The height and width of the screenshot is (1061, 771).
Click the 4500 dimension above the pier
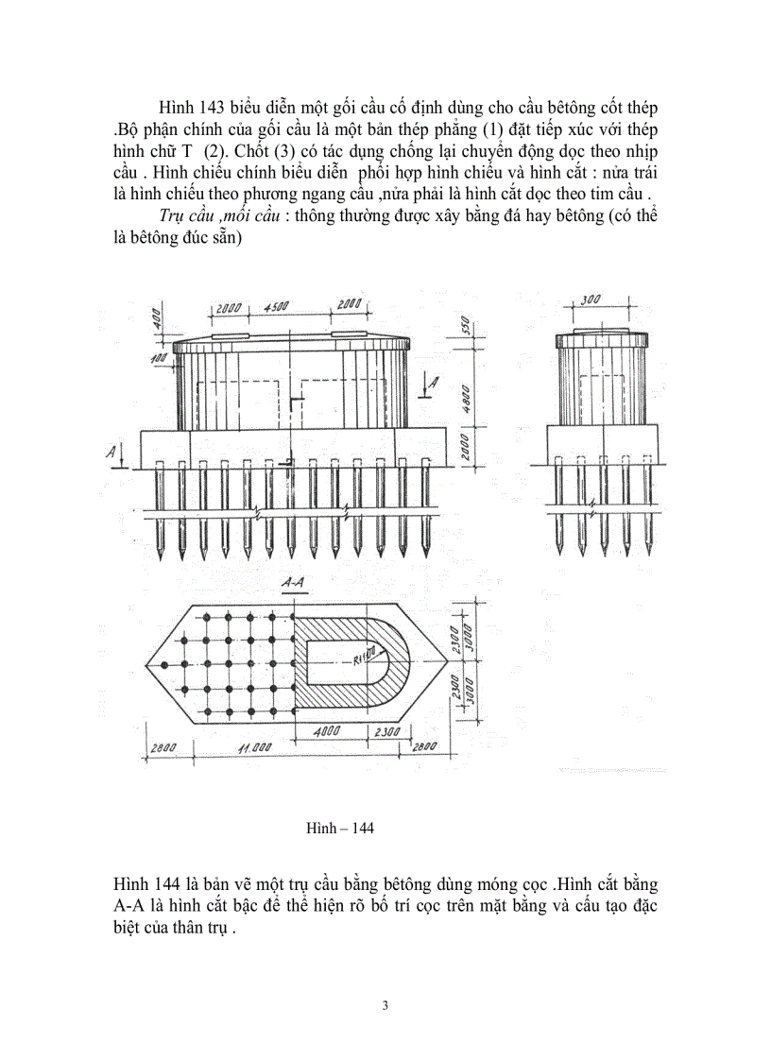tap(276, 307)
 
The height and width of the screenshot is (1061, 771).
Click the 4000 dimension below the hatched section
tap(330, 731)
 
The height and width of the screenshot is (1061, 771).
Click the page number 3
tap(385, 1004)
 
